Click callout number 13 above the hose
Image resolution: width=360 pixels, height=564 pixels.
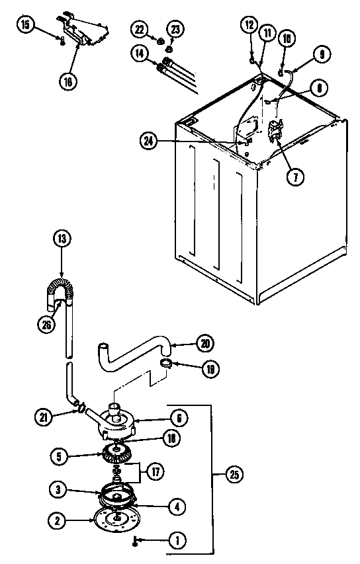coord(61,238)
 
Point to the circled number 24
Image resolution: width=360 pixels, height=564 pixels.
coord(149,140)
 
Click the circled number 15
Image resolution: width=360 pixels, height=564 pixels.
coord(24,26)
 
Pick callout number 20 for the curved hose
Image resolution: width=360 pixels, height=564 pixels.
coord(204,342)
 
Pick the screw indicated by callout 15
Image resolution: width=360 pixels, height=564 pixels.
coord(61,41)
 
